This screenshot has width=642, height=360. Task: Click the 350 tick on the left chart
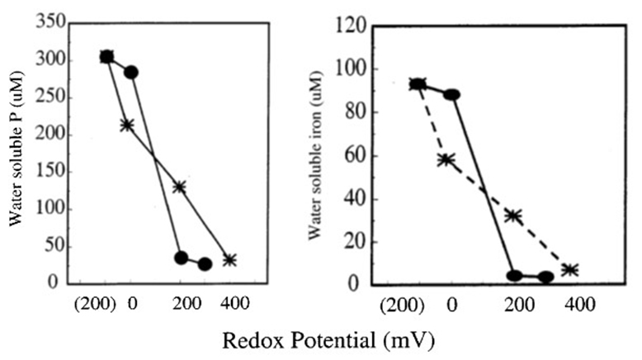(x=50, y=21)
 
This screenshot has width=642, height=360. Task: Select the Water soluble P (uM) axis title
(x=16, y=153)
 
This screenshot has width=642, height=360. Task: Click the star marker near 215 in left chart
(x=127, y=125)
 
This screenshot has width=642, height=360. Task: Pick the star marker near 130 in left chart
(x=179, y=187)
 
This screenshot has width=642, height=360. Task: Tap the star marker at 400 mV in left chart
(x=230, y=260)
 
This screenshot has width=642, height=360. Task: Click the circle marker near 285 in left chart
(x=131, y=73)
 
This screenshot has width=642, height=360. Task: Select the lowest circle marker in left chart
(x=205, y=264)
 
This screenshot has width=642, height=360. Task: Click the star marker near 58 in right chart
(x=446, y=159)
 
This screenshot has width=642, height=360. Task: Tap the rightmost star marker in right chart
(x=569, y=270)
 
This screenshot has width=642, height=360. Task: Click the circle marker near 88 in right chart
(x=451, y=95)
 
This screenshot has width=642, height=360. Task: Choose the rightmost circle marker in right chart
(x=545, y=277)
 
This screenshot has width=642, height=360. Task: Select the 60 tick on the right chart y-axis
(x=350, y=154)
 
